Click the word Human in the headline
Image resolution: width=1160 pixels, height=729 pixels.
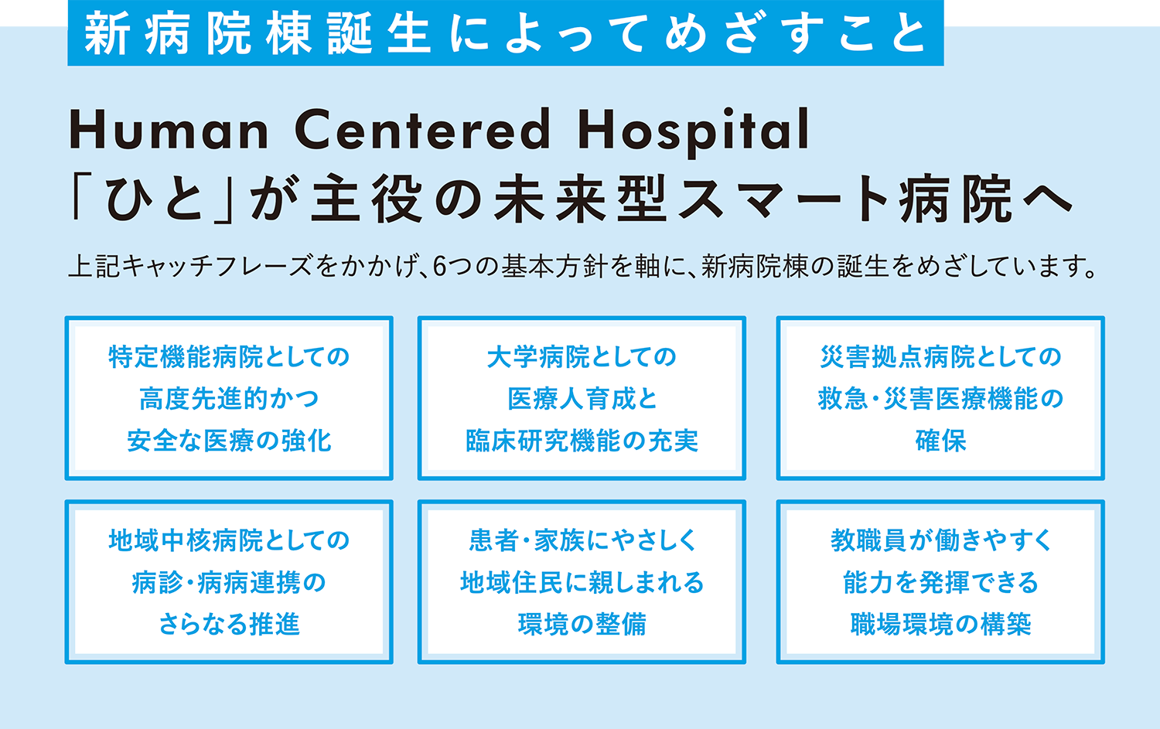169,129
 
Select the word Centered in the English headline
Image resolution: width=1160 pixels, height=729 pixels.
422,129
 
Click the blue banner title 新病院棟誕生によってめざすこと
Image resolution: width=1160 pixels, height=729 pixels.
506,33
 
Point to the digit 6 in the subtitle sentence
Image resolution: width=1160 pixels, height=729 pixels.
439,267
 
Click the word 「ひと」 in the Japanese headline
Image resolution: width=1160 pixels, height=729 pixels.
153,199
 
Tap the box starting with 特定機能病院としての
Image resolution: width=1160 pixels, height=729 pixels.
229,398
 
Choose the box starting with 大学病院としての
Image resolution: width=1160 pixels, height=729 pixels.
582,398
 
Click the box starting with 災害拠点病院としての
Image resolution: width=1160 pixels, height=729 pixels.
940,398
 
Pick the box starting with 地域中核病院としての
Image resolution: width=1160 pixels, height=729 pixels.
229,581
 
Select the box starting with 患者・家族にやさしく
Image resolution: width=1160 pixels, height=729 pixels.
582,581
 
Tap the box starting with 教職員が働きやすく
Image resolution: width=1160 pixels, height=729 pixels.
940,581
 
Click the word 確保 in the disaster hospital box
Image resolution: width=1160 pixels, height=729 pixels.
940,441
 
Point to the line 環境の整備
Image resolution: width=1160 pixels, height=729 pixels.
582,624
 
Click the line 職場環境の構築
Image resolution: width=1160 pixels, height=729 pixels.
941,624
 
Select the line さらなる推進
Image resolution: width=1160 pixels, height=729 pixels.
229,624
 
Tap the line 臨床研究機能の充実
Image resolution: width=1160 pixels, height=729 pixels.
582,441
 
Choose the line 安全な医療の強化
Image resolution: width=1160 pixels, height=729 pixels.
229,441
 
